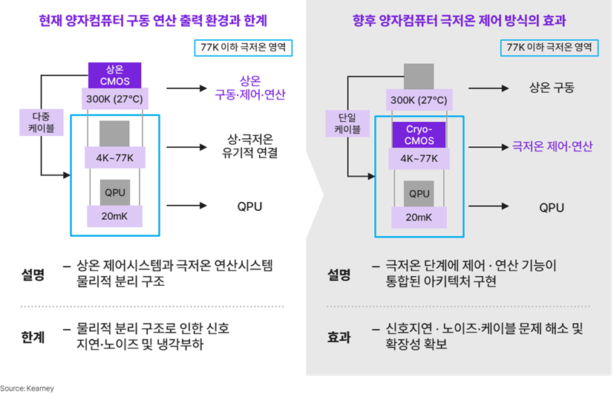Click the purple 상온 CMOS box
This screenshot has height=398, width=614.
point(115,75)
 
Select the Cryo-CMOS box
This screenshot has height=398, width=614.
point(419,134)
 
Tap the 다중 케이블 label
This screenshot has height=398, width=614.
point(42,123)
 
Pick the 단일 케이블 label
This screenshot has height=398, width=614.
point(347,123)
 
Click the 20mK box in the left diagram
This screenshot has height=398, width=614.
point(115,216)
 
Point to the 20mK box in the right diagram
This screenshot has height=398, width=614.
point(419,217)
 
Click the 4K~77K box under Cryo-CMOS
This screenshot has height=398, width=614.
point(419,158)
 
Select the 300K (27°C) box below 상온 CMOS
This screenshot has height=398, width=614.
point(115,98)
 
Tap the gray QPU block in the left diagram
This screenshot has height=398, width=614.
point(115,193)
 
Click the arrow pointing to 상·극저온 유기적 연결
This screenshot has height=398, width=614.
point(186,147)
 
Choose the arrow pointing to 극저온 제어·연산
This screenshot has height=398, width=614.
point(489,147)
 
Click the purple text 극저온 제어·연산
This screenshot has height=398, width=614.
point(552,146)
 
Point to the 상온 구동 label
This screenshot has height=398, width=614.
point(552,88)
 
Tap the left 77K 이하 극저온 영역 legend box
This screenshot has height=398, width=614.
point(244,48)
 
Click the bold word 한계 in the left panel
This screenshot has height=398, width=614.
point(33,337)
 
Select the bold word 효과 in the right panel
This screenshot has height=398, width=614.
point(339,337)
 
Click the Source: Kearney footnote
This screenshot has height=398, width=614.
point(27,388)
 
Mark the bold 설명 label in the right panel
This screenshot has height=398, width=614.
point(339,275)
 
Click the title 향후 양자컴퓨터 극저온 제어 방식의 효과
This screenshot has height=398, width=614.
point(460,20)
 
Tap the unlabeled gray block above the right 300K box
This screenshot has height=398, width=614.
point(419,76)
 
